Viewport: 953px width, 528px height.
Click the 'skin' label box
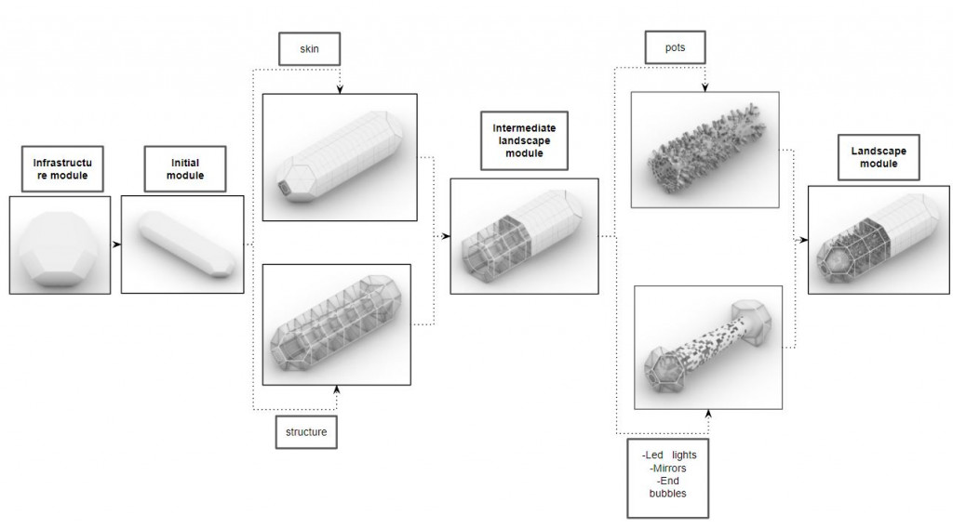tap(309, 48)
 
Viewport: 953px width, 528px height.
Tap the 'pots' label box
tap(674, 47)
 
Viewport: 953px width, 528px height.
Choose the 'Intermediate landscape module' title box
tap(524, 140)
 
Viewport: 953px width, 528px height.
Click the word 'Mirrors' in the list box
tap(670, 469)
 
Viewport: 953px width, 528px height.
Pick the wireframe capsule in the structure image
tap(337, 324)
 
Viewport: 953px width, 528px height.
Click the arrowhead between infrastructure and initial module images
tap(117, 244)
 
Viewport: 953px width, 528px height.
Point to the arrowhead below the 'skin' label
tap(339, 89)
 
